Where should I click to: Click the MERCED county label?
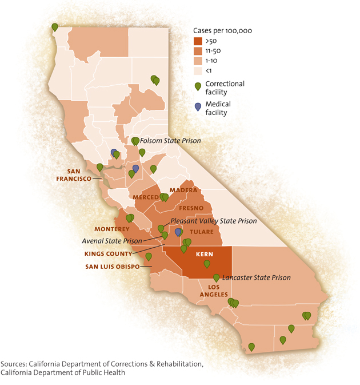pyautogui.click(x=145, y=197)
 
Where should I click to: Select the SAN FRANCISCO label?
pyautogui.click(x=74, y=174)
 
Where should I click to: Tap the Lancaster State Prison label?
pyautogui.click(x=256, y=277)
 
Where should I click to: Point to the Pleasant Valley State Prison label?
pyautogui.click(x=213, y=220)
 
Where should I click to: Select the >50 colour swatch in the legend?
pyautogui.click(x=198, y=41)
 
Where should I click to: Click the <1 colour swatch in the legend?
pyautogui.click(x=198, y=71)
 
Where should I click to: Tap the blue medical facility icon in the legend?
pyautogui.click(x=198, y=107)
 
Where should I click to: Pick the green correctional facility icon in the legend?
pyautogui.click(x=198, y=86)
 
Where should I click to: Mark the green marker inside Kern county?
pyautogui.click(x=207, y=264)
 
